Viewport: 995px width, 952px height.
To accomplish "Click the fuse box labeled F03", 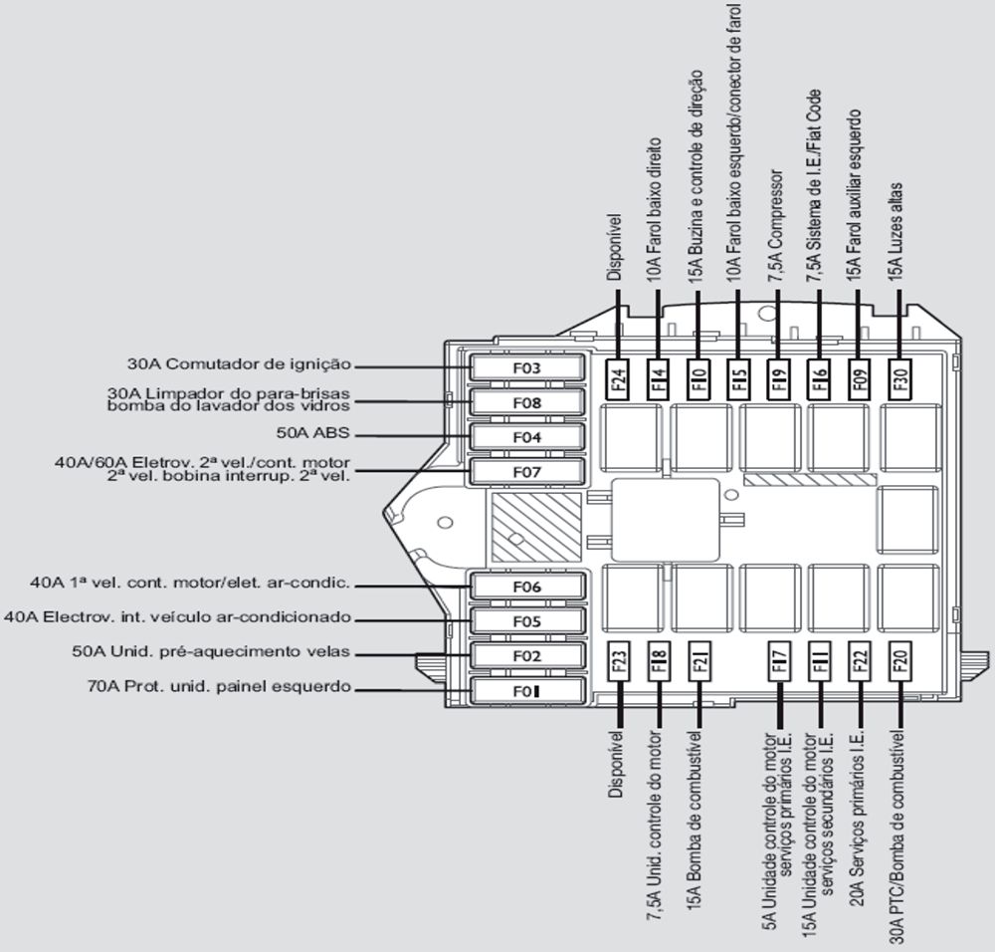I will pyautogui.click(x=526, y=367).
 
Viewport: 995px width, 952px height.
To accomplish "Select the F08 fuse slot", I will pyautogui.click(x=526, y=402).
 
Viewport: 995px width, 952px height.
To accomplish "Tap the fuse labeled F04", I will pyautogui.click(x=526, y=437).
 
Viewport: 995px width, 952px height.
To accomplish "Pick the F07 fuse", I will pyautogui.click(x=526, y=471).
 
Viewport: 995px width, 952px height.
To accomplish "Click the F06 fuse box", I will pyautogui.click(x=526, y=588).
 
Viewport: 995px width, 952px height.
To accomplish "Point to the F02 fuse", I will pyautogui.click(x=526, y=656).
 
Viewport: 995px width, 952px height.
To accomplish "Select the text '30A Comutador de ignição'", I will pyautogui.click(x=239, y=363).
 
